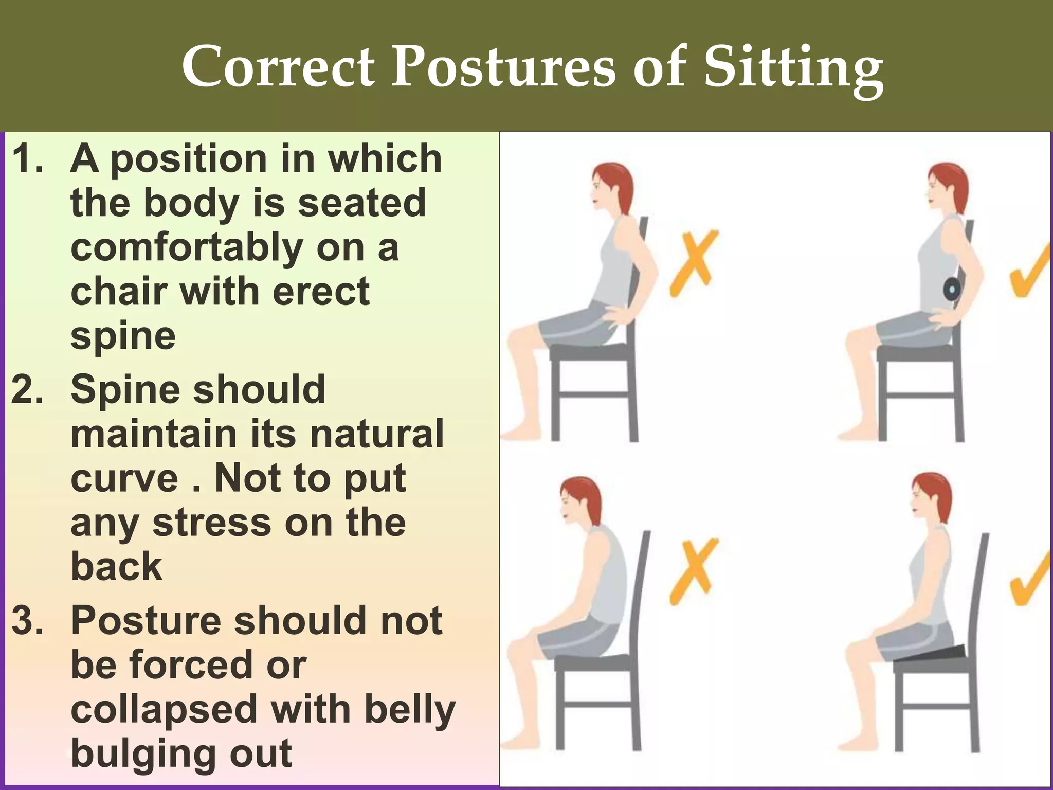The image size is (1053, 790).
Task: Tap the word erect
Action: coord(321,291)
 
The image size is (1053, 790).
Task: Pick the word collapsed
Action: coord(164,709)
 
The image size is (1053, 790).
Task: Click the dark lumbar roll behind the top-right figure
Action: coord(951,290)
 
